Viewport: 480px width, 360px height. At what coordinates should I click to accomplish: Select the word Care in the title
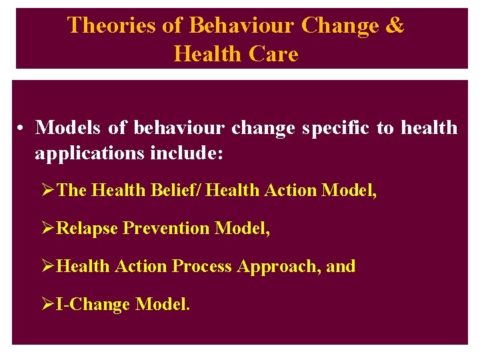[x=273, y=54]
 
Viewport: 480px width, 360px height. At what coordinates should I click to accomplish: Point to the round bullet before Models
[x=22, y=128]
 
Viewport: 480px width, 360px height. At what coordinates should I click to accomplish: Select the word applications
[x=87, y=153]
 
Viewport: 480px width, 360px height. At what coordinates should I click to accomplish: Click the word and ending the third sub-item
[x=341, y=267]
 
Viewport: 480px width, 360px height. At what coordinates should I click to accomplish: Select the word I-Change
[x=93, y=305]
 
